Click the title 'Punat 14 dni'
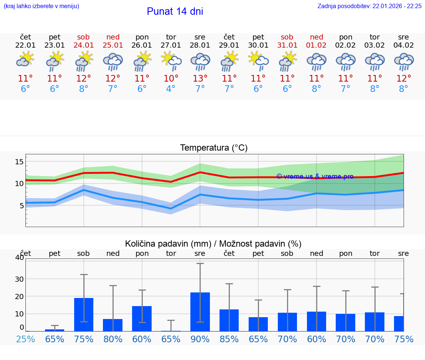[175, 11]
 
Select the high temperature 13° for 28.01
[200, 79]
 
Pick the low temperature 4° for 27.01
[171, 89]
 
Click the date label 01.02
[316, 45]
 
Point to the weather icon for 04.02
[404, 61]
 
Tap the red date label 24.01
[84, 45]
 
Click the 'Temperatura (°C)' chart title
[214, 148]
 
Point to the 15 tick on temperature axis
[20, 162]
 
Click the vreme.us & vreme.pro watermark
[315, 176]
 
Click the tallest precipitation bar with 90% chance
[200, 312]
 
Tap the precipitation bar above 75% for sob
[84, 315]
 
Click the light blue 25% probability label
[26, 339]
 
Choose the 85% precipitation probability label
[229, 339]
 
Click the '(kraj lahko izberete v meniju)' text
[41, 6]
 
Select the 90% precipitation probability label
[200, 339]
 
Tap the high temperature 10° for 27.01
[171, 79]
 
